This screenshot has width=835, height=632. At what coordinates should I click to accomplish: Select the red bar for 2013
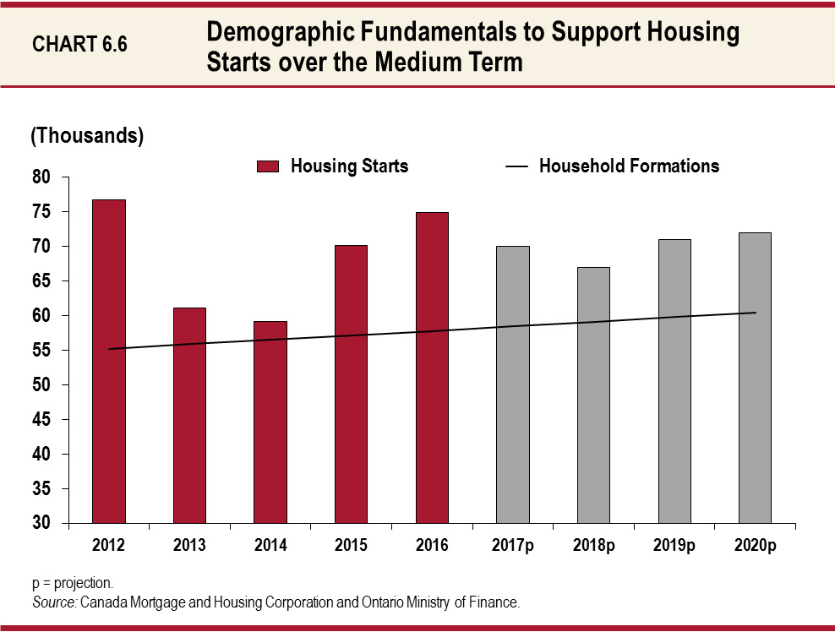pos(189,415)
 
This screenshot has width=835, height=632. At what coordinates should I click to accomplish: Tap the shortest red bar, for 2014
pos(270,422)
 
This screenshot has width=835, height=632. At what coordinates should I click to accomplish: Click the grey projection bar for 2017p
pos(513,384)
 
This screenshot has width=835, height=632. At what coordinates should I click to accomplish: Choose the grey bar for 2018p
pos(593,395)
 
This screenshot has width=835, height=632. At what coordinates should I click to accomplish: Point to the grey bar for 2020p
pos(755,378)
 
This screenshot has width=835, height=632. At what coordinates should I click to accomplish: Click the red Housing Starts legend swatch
pos(267,166)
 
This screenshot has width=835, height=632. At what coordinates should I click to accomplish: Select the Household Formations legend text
pos(629,166)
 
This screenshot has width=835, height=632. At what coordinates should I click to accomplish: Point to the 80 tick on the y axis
pos(42,177)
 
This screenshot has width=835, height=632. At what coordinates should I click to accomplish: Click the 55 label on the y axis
pos(42,351)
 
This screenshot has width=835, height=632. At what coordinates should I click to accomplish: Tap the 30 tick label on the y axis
pos(42,524)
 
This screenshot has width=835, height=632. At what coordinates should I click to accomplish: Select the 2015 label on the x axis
pos(351,546)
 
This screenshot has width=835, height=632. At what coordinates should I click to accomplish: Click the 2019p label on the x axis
pos(674,546)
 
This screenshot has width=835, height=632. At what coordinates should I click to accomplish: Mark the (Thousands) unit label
pos(87,135)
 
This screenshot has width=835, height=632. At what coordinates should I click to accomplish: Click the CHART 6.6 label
pos(79,45)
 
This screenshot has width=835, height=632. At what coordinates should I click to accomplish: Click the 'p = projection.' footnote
pos(73,583)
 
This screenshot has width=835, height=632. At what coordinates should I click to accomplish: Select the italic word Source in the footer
pos(54,602)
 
